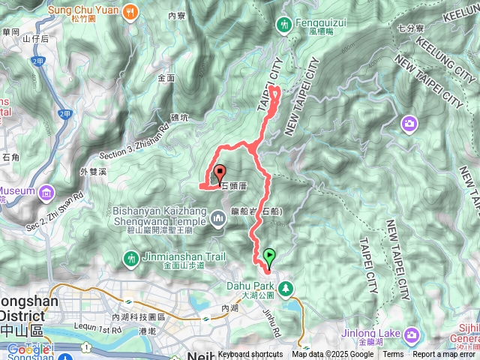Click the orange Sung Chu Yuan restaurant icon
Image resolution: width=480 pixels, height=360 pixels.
(x=132, y=11)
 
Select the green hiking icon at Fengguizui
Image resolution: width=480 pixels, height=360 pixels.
(x=283, y=24)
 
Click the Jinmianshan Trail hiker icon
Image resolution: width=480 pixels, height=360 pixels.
(x=131, y=259)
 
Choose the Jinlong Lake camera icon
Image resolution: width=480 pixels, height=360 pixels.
(x=411, y=333)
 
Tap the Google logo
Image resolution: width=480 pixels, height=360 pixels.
(x=28, y=349)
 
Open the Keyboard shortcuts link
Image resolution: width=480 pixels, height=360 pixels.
(x=250, y=355)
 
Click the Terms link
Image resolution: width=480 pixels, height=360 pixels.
(x=393, y=355)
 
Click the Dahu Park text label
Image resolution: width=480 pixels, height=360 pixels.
(x=249, y=285)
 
